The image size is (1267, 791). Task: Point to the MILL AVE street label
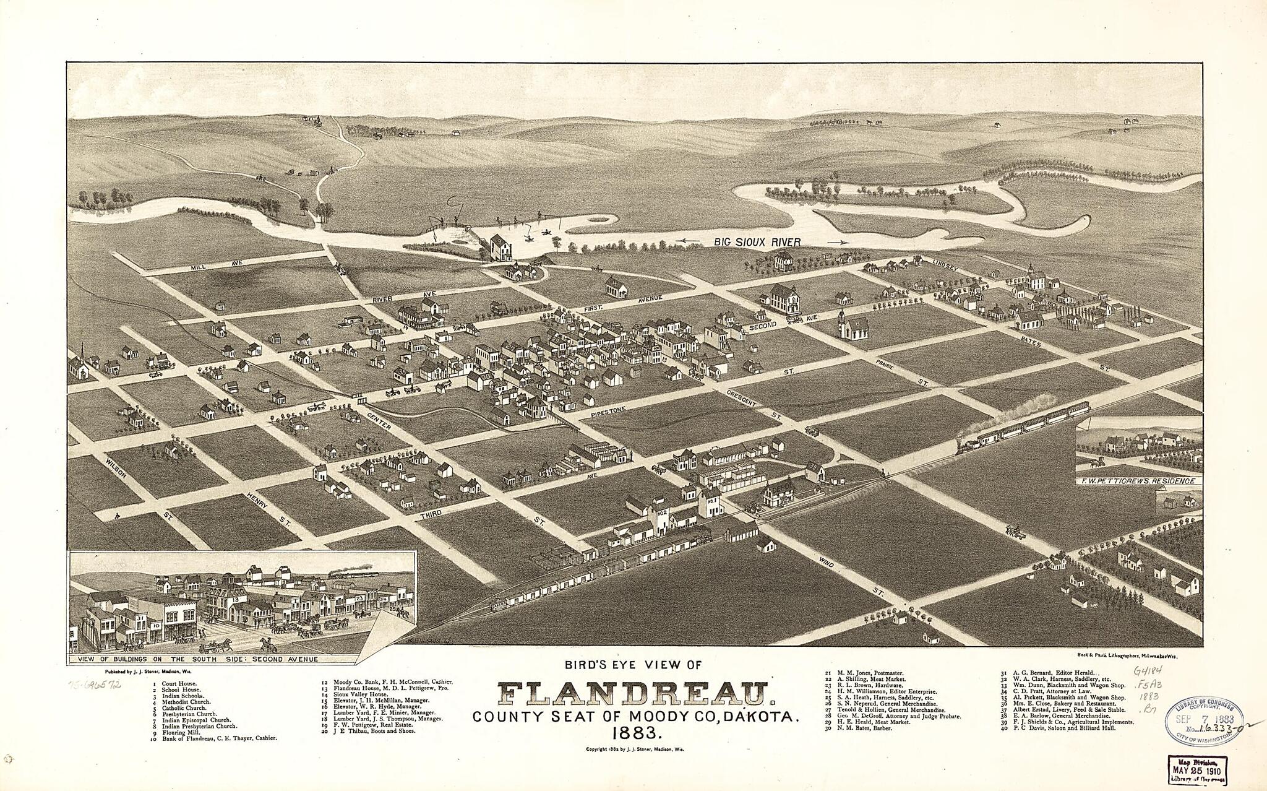210,265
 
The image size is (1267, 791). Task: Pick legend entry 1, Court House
176,685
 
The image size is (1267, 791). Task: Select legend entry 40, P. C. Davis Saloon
1057,728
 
